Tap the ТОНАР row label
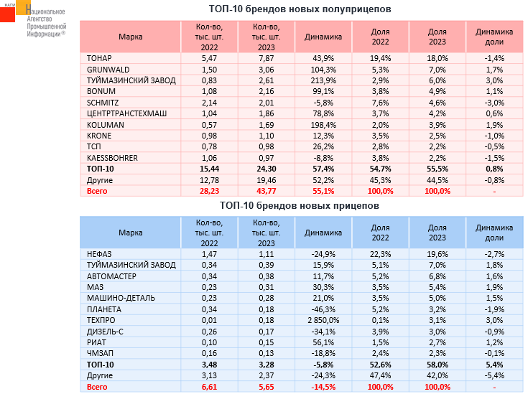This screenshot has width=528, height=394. click(x=99, y=57)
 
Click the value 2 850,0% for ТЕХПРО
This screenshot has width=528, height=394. click(x=323, y=320)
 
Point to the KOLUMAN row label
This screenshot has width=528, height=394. click(x=105, y=124)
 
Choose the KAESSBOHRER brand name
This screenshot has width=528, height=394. click(x=112, y=157)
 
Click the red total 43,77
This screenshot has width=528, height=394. click(x=267, y=190)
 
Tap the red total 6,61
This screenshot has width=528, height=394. click(x=210, y=388)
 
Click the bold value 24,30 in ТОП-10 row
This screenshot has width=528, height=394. click(x=267, y=169)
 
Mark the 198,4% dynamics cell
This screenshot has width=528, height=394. click(x=323, y=124)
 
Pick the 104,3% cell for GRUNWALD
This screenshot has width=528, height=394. click(x=323, y=70)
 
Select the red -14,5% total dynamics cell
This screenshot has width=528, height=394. click(x=323, y=388)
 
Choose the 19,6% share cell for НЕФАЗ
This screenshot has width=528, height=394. click(x=437, y=255)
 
